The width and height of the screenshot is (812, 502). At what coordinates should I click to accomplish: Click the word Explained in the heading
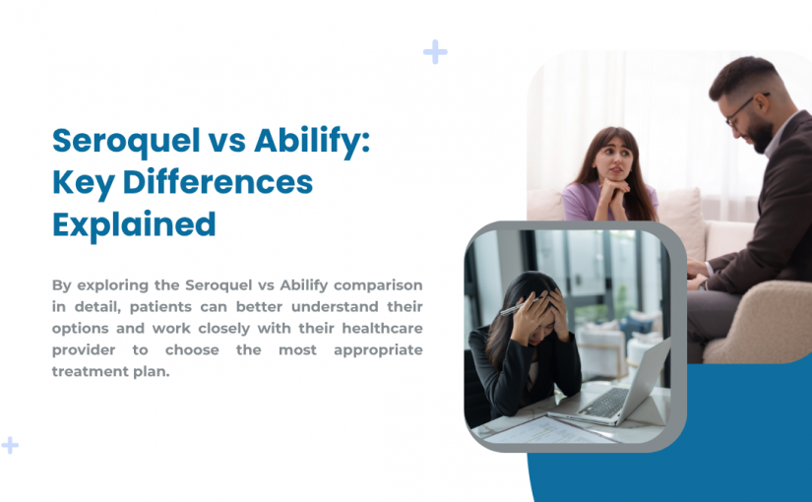click(x=134, y=224)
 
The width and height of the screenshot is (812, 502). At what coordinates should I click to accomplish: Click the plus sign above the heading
click(x=434, y=52)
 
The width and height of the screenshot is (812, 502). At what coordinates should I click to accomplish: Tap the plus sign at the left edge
click(x=9, y=445)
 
